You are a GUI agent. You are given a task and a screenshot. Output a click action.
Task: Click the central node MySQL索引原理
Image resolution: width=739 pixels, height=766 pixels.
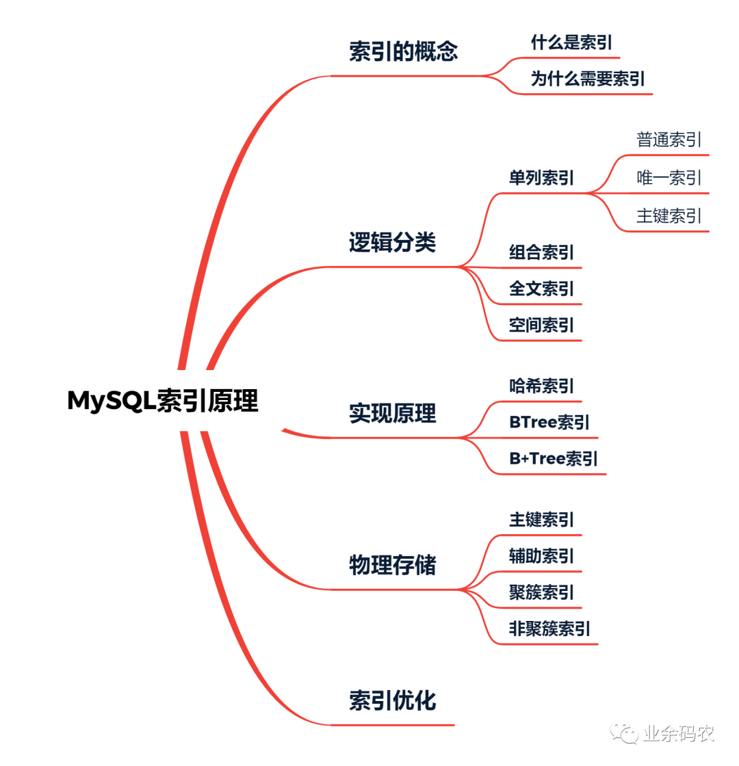tap(163, 401)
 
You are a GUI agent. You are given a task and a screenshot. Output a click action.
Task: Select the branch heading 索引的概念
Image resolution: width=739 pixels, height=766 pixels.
tap(403, 52)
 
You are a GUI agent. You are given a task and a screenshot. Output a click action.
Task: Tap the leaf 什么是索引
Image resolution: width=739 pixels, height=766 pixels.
tap(571, 43)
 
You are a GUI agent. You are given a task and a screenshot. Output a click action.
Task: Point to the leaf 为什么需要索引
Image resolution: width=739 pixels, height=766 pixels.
tap(588, 79)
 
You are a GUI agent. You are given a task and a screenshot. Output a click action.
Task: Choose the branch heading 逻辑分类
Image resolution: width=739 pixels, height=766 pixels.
tap(392, 242)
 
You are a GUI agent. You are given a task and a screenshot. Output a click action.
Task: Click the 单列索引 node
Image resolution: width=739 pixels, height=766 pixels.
tap(541, 179)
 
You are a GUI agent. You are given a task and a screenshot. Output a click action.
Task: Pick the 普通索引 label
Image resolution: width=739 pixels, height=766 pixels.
tap(669, 140)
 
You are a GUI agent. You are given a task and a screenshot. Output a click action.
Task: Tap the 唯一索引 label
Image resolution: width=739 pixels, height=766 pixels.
tap(669, 179)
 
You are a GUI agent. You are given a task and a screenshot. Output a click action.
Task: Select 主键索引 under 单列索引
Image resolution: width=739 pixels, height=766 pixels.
tap(669, 216)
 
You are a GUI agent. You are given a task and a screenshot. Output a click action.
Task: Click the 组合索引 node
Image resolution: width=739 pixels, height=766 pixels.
tap(541, 252)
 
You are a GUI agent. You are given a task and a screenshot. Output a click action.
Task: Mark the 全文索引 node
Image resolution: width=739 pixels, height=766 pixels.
tap(541, 289)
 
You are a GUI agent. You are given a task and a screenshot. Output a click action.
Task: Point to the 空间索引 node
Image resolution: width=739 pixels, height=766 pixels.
tap(541, 326)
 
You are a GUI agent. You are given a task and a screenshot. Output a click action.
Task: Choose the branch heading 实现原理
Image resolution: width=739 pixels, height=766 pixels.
tap(392, 413)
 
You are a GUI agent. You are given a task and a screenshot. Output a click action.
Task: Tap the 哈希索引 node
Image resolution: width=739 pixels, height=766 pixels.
tap(541, 386)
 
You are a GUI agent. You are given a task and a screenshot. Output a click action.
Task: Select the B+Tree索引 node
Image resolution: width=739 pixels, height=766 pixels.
tap(553, 458)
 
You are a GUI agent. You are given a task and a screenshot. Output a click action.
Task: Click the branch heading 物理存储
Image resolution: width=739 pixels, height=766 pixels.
tap(392, 565)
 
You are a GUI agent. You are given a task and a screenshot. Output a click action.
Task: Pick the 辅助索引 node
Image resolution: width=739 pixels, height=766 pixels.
tap(541, 556)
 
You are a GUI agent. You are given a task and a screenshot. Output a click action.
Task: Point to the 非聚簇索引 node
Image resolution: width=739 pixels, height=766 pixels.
tap(549, 629)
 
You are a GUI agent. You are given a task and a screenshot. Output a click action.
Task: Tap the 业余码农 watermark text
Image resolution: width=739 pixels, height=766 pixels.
tap(678, 734)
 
